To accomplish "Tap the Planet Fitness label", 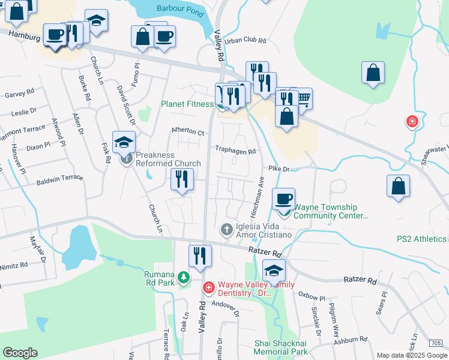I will tap(187, 103).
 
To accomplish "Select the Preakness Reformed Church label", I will tap(167, 159).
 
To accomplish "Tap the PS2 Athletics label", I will tap(421, 239).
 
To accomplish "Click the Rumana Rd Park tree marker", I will tap(183, 277).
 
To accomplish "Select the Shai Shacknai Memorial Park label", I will tap(281, 347).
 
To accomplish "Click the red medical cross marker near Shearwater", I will tap(412, 122).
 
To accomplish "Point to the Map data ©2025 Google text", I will tap(412, 355).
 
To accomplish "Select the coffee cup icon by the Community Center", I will tap(283, 198).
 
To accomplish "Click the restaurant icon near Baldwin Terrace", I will tap(182, 179).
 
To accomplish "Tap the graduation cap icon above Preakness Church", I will tap(124, 142).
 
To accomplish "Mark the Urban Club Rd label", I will tap(244, 41).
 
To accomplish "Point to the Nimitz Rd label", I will tap(14, 264).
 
